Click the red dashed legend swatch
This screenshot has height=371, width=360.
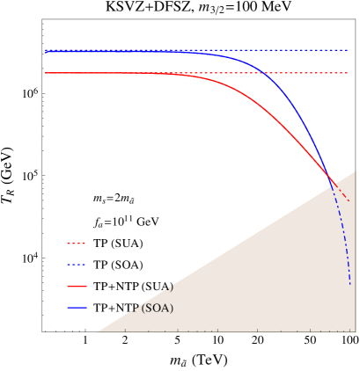76,244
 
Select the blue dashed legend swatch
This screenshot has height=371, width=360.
76,265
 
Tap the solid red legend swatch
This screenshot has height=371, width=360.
76,287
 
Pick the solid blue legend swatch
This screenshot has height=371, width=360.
76,308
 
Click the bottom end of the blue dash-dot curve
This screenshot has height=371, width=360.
350,284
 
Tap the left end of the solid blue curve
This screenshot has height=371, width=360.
47,52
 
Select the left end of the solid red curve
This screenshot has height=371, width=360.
47,73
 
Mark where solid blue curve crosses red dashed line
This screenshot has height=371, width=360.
262,72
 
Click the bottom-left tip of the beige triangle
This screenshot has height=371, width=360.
96,331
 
